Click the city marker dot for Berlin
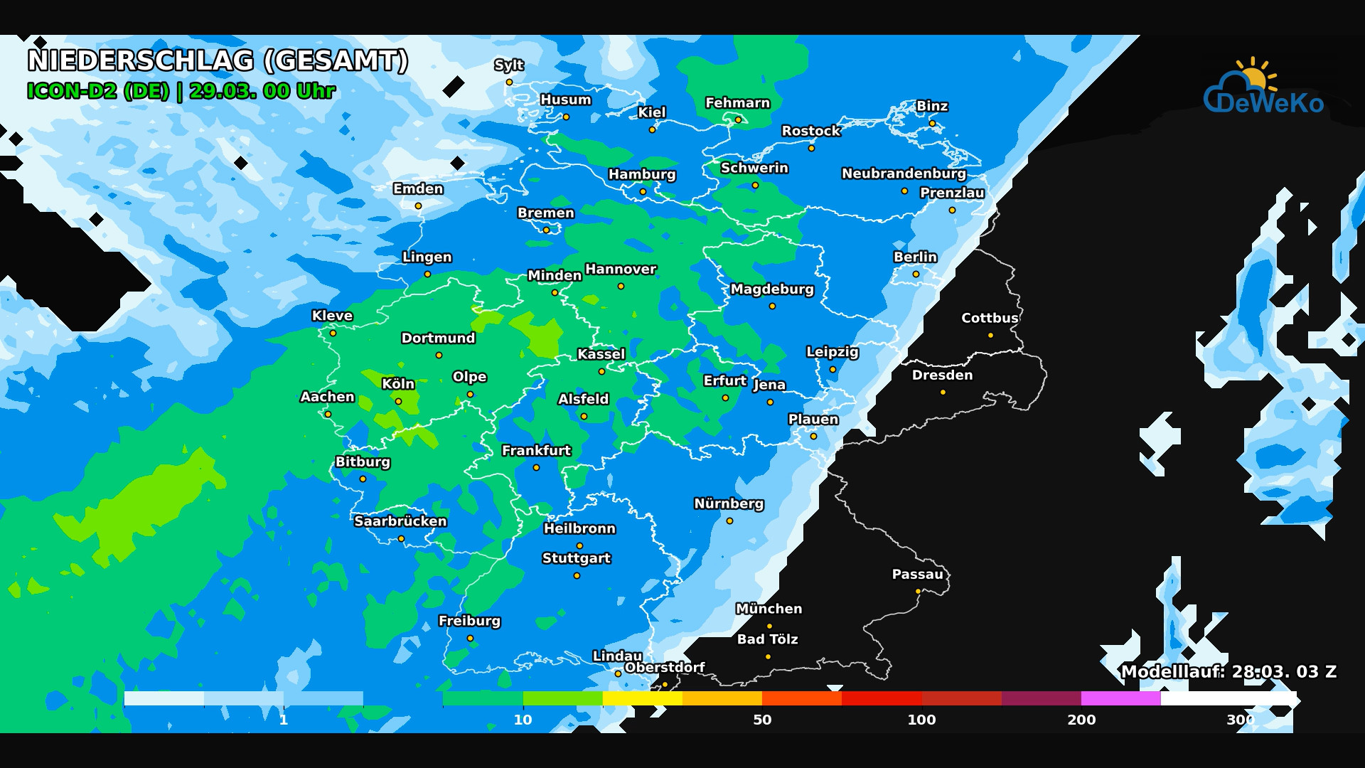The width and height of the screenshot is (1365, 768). (916, 274)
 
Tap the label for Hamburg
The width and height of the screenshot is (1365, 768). (641, 174)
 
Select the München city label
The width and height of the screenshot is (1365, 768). (769, 609)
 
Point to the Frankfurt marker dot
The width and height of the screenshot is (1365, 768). (536, 467)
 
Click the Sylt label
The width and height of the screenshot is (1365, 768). (509, 65)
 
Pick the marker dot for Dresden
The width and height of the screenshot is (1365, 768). (943, 392)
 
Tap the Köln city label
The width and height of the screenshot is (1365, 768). (398, 384)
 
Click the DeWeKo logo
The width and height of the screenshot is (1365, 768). (1263, 89)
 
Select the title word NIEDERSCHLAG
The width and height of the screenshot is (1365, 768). (141, 61)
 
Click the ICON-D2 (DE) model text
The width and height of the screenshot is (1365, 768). (98, 92)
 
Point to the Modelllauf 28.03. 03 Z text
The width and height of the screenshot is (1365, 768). (1228, 672)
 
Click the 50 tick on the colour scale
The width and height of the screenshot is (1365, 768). (762, 720)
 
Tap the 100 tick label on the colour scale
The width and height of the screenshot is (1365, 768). (921, 720)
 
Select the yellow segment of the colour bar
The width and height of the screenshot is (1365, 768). (642, 698)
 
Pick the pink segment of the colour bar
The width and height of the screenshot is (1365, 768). (1120, 698)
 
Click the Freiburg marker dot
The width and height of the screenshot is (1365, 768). (470, 638)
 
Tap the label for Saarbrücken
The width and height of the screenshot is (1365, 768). (400, 521)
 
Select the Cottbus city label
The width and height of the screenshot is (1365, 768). (990, 318)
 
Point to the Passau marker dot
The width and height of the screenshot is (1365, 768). (918, 591)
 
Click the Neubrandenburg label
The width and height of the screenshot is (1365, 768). (904, 174)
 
